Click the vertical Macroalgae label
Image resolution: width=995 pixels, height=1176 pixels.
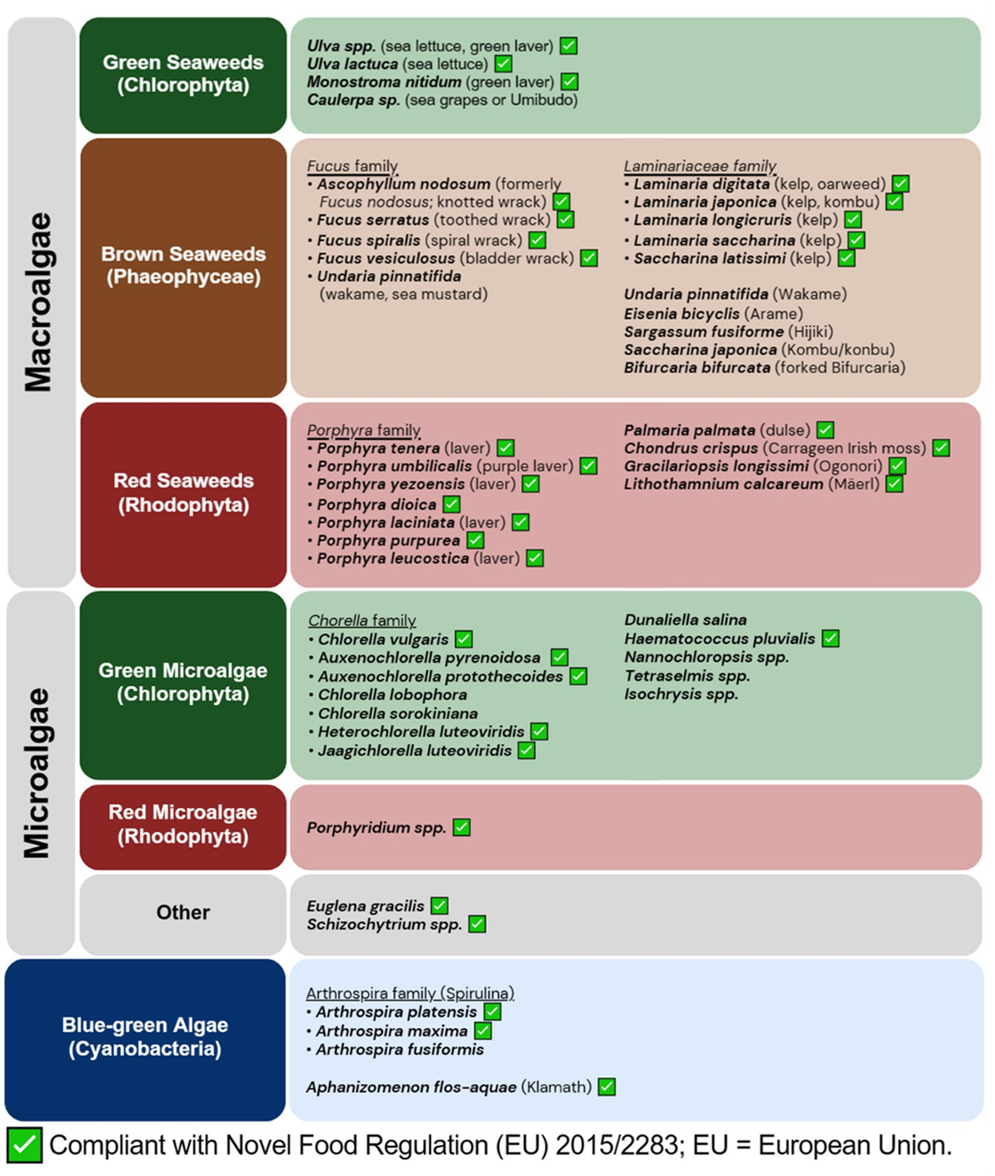(39, 302)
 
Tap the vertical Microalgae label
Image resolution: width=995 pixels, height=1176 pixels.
(38, 772)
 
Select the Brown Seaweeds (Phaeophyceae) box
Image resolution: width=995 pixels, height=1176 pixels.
(183, 266)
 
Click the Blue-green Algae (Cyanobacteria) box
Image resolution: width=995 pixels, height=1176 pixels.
(145, 1038)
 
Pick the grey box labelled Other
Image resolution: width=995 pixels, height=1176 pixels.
(183, 913)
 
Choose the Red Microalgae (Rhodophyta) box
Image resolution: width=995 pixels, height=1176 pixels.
(183, 825)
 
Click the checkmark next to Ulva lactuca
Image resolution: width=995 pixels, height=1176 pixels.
(503, 64)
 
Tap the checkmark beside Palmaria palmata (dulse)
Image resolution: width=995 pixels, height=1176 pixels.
(825, 430)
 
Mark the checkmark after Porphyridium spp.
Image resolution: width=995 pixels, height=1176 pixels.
(462, 828)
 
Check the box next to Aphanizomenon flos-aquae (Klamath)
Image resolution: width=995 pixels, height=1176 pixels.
(607, 1086)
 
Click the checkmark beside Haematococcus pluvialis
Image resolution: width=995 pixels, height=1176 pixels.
(831, 639)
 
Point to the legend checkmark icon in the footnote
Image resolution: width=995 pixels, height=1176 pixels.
(24, 1145)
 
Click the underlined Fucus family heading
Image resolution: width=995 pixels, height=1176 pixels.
(352, 166)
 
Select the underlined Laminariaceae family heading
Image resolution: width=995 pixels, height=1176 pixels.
(700, 166)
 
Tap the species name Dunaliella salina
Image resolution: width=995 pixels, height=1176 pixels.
(685, 620)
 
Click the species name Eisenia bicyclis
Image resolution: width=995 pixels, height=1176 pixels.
(682, 313)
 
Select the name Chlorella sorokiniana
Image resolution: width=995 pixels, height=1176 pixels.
(398, 713)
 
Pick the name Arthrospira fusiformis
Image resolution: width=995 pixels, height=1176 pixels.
(400, 1049)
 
